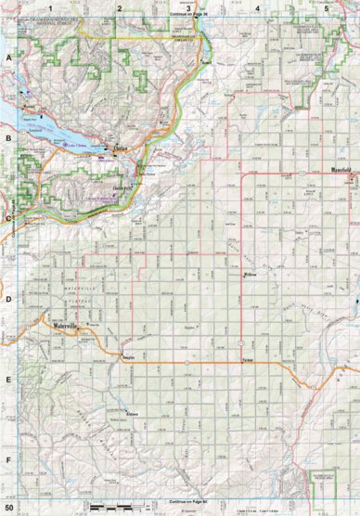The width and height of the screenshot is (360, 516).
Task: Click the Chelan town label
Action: pos(121,148)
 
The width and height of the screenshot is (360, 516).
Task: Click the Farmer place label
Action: pos(247,359)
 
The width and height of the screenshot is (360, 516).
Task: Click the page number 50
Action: pos(9,508)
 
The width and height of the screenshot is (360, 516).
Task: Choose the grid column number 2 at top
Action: pos(119,7)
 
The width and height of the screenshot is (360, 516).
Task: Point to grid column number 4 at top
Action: pos(257,7)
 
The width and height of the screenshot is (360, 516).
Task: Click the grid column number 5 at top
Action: pos(327,7)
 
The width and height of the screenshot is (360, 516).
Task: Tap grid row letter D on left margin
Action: pos(9,299)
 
